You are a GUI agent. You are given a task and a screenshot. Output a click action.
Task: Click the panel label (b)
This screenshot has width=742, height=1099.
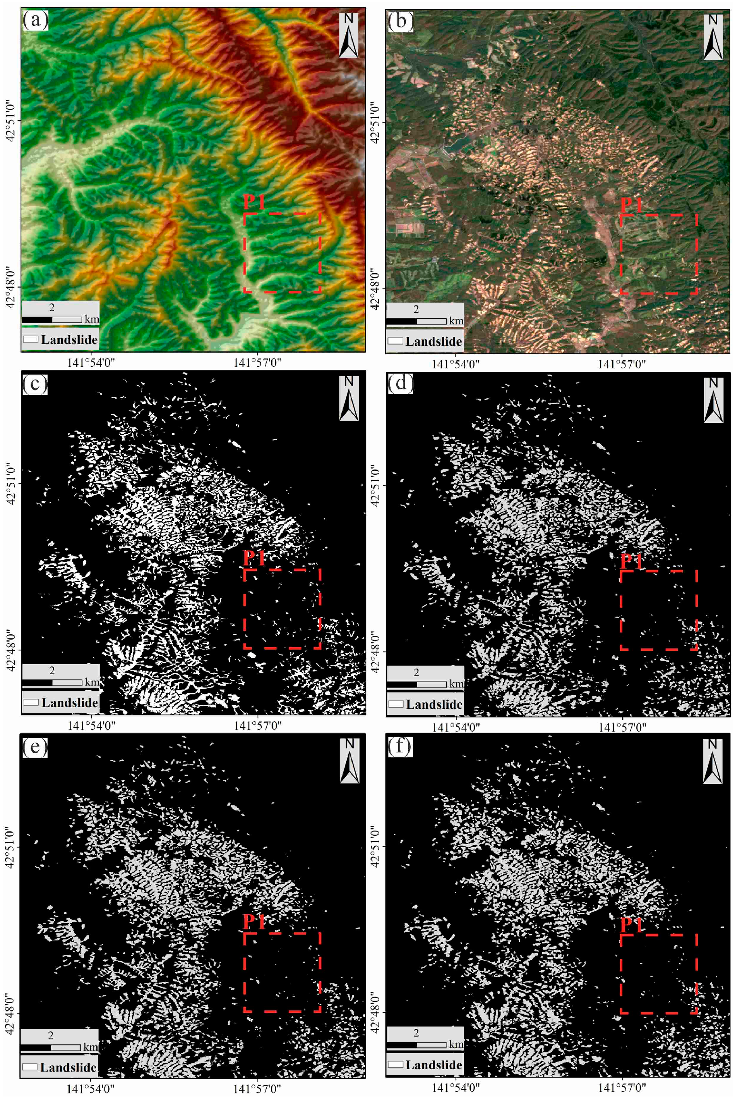point(400,22)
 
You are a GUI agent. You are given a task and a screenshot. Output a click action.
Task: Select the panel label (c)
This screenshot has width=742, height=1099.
point(35,384)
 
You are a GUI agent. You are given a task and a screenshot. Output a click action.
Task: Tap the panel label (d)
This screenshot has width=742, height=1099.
point(400,384)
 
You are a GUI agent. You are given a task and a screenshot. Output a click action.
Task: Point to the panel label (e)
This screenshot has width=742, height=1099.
point(35,747)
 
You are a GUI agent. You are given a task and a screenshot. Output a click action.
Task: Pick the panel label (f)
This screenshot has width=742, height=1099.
point(400,747)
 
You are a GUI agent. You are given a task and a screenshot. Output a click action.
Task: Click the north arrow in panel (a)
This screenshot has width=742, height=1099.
point(349,35)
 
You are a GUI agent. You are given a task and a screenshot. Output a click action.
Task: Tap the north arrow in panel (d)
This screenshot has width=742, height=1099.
point(713,400)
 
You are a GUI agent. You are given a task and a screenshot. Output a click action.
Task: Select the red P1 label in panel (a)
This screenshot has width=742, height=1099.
point(254,202)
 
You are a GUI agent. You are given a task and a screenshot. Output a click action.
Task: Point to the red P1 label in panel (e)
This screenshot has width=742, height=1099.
point(254,922)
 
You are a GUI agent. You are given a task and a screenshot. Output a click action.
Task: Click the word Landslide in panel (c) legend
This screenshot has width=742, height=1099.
point(69,703)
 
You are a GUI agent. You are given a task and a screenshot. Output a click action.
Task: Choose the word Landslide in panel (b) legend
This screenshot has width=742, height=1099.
point(433,341)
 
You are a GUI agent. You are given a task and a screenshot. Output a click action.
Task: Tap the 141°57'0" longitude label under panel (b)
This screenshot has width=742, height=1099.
point(621,364)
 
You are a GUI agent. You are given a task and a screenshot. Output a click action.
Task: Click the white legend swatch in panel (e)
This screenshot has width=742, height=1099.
point(30,1067)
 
